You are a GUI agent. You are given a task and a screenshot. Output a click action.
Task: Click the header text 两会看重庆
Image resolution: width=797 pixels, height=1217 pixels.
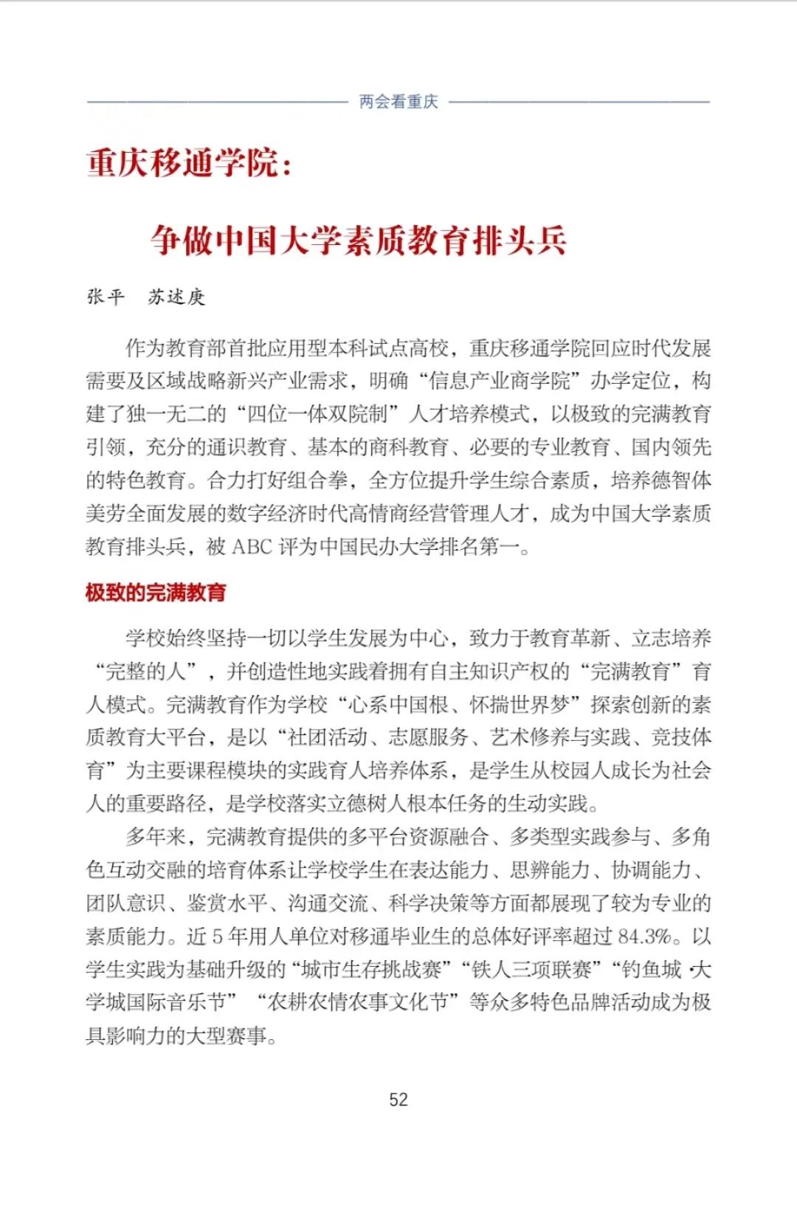tap(398, 102)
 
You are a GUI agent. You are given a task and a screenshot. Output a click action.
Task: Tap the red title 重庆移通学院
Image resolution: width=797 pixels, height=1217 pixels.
tap(183, 163)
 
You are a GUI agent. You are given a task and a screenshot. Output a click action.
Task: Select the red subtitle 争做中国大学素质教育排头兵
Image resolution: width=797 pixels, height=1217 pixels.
tap(359, 241)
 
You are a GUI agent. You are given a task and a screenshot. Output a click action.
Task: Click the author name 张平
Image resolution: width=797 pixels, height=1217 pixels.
tap(106, 297)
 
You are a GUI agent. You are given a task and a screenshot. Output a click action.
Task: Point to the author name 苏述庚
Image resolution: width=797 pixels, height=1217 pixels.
tap(176, 297)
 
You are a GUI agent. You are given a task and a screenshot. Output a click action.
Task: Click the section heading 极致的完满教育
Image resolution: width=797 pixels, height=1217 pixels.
tap(156, 592)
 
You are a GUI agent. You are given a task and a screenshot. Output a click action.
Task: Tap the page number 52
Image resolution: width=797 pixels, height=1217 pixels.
tap(398, 1100)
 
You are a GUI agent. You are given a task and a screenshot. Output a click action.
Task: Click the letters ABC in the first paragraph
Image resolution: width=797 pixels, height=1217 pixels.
tap(252, 547)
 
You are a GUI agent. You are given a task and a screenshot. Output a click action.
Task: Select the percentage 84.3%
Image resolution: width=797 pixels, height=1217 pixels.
tap(644, 937)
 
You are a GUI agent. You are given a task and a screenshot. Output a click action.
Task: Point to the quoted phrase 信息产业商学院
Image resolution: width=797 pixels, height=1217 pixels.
tap(500, 381)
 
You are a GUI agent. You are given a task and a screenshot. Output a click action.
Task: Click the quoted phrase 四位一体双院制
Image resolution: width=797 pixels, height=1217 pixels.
tap(317, 414)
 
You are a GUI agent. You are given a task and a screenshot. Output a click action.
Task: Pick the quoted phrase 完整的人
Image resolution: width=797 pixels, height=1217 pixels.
tap(146, 672)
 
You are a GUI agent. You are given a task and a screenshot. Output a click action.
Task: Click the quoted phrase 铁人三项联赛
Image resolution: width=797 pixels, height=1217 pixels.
tap(531, 969)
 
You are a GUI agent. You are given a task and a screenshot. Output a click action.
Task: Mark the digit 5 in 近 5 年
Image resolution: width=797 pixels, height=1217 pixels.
tap(217, 937)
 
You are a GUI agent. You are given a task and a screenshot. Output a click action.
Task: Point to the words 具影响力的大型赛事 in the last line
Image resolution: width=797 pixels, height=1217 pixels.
tap(176, 1035)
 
